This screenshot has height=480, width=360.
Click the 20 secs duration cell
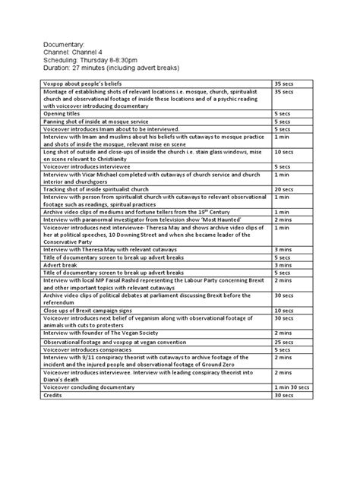click(x=283, y=189)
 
